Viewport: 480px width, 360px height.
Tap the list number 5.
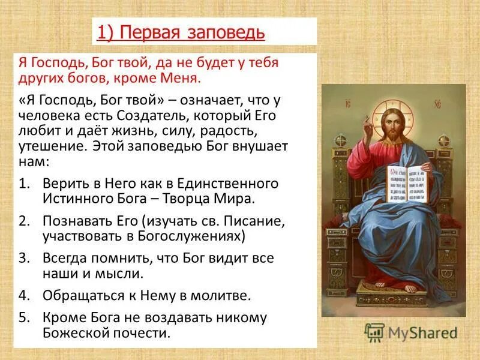tap(23, 318)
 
